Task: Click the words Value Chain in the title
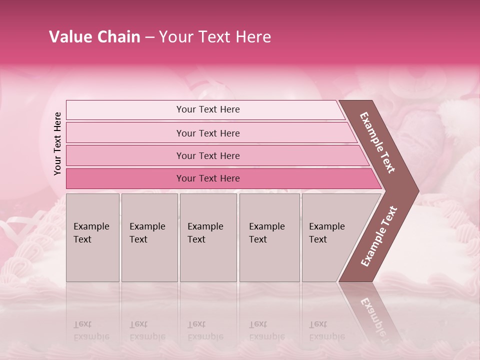click(x=94, y=37)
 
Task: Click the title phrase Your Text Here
click(x=215, y=37)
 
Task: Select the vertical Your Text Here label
click(x=57, y=143)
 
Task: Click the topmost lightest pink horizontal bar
click(x=208, y=109)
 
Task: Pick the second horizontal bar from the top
click(x=208, y=133)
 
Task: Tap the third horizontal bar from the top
click(x=208, y=155)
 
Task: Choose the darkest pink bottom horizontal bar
click(x=208, y=178)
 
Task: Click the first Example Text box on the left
click(x=92, y=237)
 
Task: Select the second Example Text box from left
click(x=149, y=237)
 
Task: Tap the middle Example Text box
click(x=208, y=237)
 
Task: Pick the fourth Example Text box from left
click(x=269, y=237)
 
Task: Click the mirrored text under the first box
click(x=91, y=330)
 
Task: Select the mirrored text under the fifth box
click(x=326, y=330)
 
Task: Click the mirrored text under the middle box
click(x=205, y=330)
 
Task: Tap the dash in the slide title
click(x=149, y=37)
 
